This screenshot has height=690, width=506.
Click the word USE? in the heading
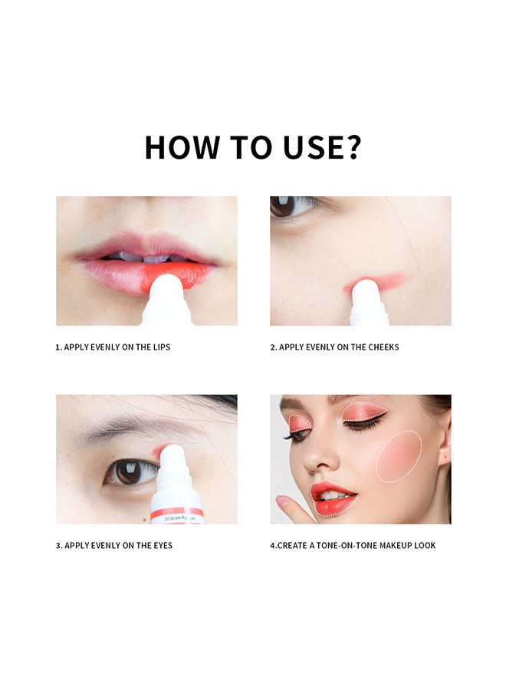(x=324, y=147)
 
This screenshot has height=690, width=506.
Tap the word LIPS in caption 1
(x=160, y=347)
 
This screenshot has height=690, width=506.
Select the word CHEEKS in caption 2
(x=382, y=347)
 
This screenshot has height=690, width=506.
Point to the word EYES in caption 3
(x=162, y=546)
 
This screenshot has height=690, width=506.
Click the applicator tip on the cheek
(x=366, y=288)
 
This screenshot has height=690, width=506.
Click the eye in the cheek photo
(x=291, y=205)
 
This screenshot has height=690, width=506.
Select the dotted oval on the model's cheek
(x=399, y=456)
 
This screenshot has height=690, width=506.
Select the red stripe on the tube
(x=177, y=511)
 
